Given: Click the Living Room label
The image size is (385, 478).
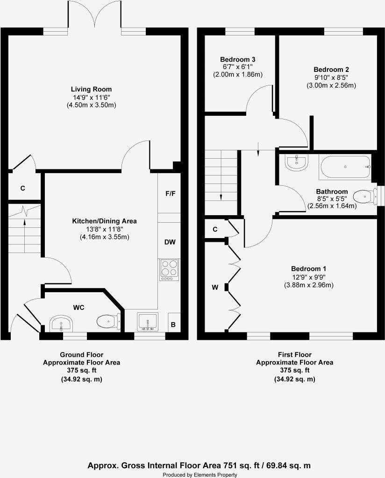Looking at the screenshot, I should click(91, 89).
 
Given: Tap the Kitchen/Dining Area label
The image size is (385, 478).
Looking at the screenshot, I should click(104, 221).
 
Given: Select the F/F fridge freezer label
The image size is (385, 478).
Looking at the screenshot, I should click(170, 193).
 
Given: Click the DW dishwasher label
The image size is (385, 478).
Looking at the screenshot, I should click(170, 242).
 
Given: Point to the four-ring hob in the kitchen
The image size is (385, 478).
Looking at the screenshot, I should click(170, 269).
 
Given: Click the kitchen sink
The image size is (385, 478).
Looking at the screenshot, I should click(148, 322).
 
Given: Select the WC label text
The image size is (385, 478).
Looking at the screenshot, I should click(78, 307).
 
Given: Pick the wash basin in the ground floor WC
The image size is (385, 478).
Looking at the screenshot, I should click(61, 323).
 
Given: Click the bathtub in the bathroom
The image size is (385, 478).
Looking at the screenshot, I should click(345, 167).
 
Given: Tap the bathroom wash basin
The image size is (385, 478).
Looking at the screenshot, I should click(296, 162).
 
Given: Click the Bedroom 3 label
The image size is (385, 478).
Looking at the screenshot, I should click(237, 60).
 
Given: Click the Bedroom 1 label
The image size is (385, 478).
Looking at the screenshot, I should click(308, 269).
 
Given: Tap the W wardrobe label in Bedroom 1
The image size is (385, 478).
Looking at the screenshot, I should click(215, 288).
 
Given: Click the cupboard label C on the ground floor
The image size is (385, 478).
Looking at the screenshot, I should click(22, 189).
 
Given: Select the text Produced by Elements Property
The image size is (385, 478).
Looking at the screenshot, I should click(200, 475).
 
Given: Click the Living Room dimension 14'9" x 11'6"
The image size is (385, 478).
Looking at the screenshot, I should click(91, 98).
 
